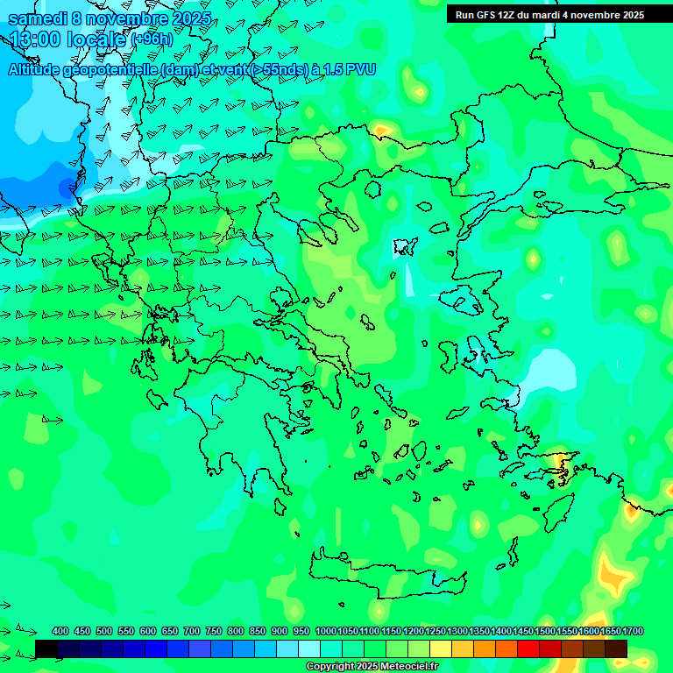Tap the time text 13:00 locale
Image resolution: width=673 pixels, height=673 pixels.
(x=67, y=39)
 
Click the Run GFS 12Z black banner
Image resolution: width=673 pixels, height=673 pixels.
(x=549, y=14)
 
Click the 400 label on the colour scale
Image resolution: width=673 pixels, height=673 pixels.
(x=60, y=631)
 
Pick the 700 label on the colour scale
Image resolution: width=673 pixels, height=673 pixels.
(x=192, y=631)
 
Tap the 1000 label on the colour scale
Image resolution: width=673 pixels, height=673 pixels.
(x=325, y=631)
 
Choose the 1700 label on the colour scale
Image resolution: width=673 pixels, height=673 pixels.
(x=633, y=631)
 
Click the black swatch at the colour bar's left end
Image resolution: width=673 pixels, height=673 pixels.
(x=46, y=648)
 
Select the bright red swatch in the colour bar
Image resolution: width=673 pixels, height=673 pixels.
(x=528, y=648)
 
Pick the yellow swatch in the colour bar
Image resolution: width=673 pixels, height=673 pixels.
(x=441, y=648)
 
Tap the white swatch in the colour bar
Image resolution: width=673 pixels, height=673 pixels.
(x=309, y=648)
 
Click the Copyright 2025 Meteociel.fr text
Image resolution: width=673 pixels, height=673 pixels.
(x=372, y=667)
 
